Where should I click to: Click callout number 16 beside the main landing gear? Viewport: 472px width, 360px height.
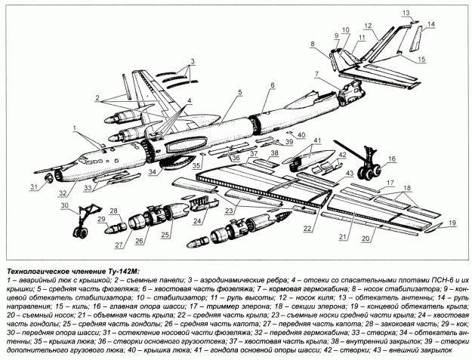tap(392, 160)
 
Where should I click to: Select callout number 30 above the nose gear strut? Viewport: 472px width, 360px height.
tap(65, 205)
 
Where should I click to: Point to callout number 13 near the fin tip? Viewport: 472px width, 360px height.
tap(406, 13)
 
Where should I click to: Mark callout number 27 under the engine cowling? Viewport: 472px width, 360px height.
tap(119, 245)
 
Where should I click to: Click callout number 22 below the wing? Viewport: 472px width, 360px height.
tap(307, 227)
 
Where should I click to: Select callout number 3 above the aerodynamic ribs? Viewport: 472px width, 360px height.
tap(193, 60)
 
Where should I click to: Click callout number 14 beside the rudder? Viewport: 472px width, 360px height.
tap(430, 25)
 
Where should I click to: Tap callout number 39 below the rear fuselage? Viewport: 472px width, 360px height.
tap(289, 141)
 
